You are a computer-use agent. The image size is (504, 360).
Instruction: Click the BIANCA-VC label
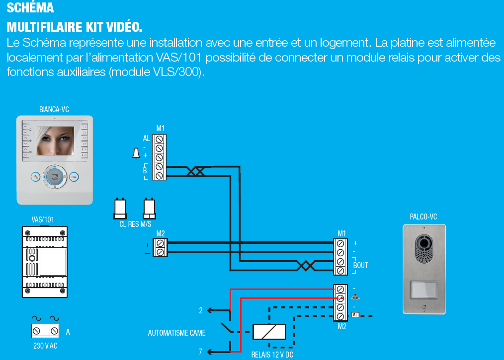[54, 110]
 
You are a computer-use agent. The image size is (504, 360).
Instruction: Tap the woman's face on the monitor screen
[54, 141]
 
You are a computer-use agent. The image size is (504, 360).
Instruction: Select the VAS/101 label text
[43, 219]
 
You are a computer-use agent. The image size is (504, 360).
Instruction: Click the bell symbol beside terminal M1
[136, 154]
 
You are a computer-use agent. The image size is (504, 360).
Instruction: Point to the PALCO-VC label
[423, 216]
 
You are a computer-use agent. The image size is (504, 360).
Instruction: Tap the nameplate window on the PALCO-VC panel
[424, 289]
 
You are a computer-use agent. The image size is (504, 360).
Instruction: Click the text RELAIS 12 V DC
[272, 355]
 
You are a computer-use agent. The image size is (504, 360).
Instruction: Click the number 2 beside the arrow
[201, 311]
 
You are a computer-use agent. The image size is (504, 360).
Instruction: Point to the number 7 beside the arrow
[201, 352]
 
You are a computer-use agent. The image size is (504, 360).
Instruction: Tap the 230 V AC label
[45, 346]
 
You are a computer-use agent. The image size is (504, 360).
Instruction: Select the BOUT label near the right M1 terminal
[360, 266]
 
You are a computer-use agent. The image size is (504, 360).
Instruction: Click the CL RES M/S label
[135, 224]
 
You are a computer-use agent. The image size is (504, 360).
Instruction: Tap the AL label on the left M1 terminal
[146, 139]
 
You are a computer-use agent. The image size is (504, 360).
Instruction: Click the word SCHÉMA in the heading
[31, 8]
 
